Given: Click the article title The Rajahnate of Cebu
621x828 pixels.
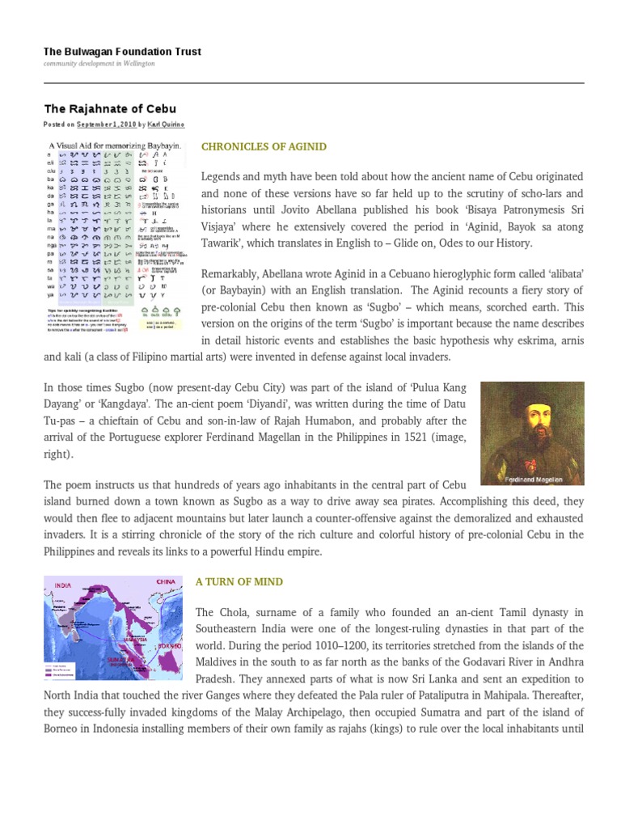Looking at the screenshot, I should [x=109, y=108].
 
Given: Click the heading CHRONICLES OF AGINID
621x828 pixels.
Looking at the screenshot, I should [x=264, y=146].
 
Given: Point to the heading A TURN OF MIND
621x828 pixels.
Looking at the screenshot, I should [x=239, y=581].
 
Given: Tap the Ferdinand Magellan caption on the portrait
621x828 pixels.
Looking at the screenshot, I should [x=534, y=477].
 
